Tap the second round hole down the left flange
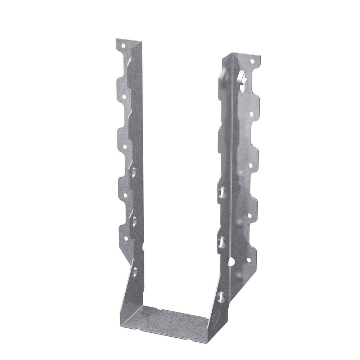(x=124, y=97)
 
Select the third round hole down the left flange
(x=125, y=146)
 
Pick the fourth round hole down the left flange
(x=125, y=195)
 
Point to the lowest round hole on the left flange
(x=126, y=238)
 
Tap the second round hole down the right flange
(x=251, y=113)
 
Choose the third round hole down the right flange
(x=250, y=165)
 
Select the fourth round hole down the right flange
(x=249, y=216)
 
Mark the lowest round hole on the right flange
(x=248, y=260)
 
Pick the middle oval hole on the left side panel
(x=134, y=221)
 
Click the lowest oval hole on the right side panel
(x=221, y=297)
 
